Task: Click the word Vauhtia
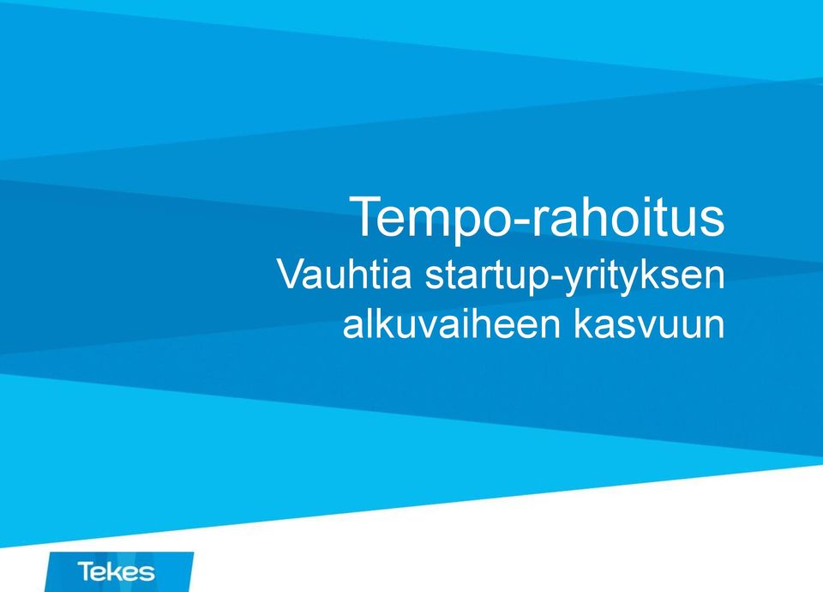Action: (345, 274)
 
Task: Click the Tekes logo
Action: (119, 571)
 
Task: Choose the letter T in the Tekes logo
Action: (85, 571)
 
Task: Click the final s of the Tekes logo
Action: (148, 573)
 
